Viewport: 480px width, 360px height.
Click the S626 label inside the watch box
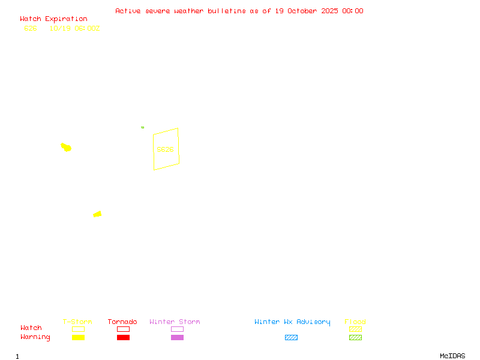click(x=165, y=149)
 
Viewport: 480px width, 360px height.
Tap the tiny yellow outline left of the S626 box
click(x=142, y=127)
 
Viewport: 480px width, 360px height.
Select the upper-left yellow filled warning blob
click(x=66, y=147)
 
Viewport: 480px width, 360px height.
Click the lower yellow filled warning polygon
click(x=97, y=214)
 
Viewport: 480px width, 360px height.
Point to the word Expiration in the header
click(x=66, y=19)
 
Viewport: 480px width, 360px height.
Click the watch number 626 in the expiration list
click(x=31, y=28)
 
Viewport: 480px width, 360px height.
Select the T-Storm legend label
click(x=77, y=322)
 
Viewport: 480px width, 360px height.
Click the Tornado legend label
click(x=122, y=322)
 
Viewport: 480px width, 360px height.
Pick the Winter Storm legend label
click(x=175, y=322)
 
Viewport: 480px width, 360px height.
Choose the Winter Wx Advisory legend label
click(x=292, y=322)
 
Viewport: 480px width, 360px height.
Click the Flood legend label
click(x=355, y=322)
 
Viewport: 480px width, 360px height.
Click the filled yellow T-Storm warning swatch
click(x=78, y=337)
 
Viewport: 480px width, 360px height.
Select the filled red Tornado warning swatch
click(x=123, y=337)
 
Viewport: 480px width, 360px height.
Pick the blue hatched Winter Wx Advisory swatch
click(x=291, y=337)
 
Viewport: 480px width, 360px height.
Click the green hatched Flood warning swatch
click(x=355, y=337)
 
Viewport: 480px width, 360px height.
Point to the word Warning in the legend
click(x=35, y=337)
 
